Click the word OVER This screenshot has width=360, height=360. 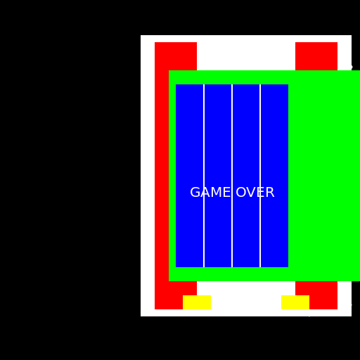coord(255,193)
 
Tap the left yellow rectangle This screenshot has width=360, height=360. coord(197,302)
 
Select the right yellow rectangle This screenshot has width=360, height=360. coord(295,302)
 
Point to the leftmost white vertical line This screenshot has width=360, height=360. coord(204,176)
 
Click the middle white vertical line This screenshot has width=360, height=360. coord(232,176)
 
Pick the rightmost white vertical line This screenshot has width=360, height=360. coord(260,176)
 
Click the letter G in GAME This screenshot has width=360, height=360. coord(195,193)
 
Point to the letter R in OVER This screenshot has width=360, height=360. coord(270,193)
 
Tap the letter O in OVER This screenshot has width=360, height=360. coord(240,193)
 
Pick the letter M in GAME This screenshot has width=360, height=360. coord(216,193)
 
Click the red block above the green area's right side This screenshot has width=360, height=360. coord(316,56)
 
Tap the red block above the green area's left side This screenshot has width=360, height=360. coord(176,56)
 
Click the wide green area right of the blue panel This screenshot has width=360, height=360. coord(324,176)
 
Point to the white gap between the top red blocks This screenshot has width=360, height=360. coord(246,56)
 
